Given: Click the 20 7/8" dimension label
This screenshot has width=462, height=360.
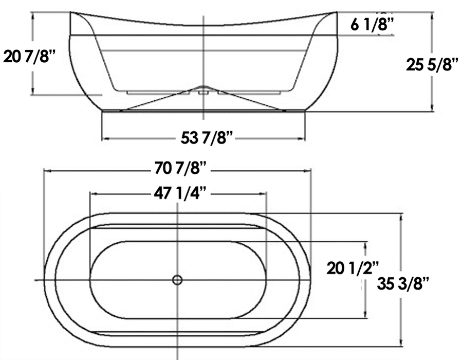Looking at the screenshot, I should (29, 56).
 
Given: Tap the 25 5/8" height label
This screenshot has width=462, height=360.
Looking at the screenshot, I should (432, 65).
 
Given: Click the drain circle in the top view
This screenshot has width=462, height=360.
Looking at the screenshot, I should (177, 280).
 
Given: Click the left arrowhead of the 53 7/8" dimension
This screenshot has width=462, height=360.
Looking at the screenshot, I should (105, 138).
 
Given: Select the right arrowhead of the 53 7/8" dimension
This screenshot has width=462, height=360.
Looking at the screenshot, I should (303, 138).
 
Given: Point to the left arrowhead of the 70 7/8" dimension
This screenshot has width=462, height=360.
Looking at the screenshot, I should (46, 170).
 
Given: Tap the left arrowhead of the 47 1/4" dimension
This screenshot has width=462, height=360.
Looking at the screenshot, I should (93, 194).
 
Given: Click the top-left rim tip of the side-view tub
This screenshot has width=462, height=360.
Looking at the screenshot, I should (70, 12).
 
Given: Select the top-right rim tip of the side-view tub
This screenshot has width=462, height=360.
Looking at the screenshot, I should (337, 12).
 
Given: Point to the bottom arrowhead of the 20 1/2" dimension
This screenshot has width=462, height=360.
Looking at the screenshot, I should (366, 315).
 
